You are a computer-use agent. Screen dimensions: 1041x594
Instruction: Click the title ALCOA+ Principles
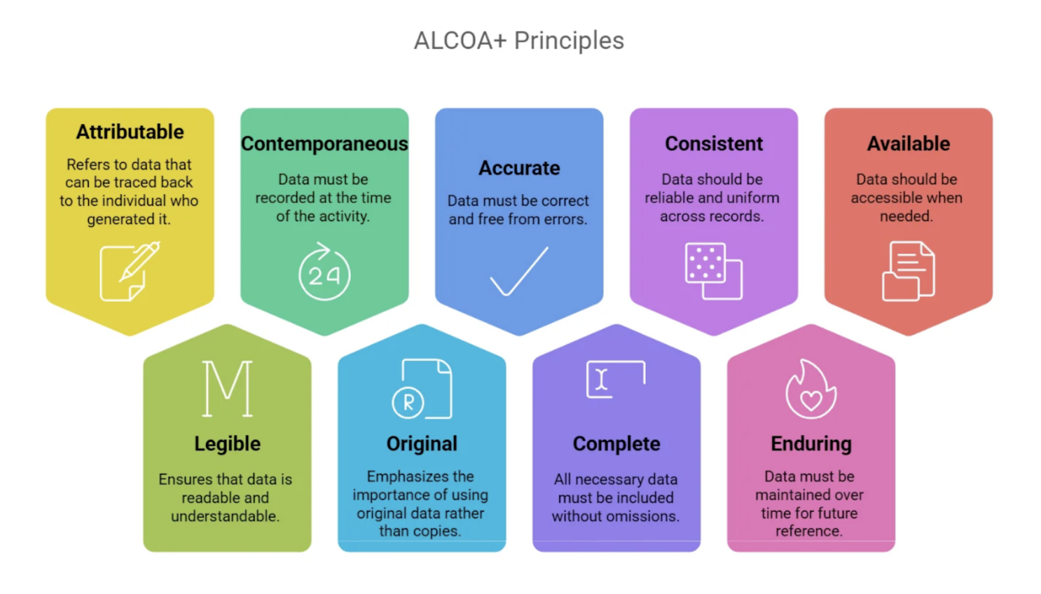click(519, 40)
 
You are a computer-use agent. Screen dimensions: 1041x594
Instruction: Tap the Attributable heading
click(130, 132)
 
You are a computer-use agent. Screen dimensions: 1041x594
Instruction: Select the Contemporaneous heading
click(324, 143)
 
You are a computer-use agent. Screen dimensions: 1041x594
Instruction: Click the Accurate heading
click(519, 168)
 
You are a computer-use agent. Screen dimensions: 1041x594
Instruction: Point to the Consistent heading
click(714, 143)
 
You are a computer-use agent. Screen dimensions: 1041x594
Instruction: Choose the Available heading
click(909, 143)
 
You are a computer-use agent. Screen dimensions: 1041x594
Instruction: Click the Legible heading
click(227, 444)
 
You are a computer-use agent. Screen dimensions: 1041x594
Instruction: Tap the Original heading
click(422, 444)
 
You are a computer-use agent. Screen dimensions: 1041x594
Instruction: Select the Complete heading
click(616, 444)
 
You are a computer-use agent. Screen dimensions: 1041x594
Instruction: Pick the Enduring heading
click(811, 444)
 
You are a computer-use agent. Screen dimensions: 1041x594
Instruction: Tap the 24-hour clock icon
click(324, 271)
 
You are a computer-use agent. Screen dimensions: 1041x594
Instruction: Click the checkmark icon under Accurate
click(519, 271)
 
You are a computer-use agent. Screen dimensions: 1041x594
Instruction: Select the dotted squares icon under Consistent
click(714, 271)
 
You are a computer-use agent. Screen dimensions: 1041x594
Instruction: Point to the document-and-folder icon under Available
click(909, 271)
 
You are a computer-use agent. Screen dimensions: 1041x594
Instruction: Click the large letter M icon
click(227, 389)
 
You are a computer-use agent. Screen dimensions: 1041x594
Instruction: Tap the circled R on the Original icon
click(408, 402)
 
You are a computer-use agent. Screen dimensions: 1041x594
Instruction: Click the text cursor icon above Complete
click(601, 379)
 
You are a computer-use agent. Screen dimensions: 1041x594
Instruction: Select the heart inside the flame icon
click(811, 400)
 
